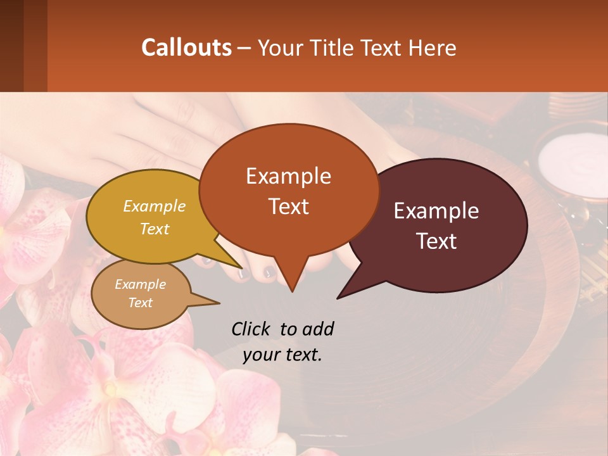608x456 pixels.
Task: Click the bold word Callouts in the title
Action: [186, 47]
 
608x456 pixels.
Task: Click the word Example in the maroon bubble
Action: [436, 211]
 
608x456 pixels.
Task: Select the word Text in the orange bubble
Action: [288, 206]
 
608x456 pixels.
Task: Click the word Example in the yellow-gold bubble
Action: [154, 206]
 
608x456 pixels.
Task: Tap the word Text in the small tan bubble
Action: [140, 303]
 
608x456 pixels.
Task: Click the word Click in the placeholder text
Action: [251, 329]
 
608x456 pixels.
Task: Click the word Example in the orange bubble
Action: [288, 176]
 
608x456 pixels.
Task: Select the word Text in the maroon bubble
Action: [437, 241]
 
